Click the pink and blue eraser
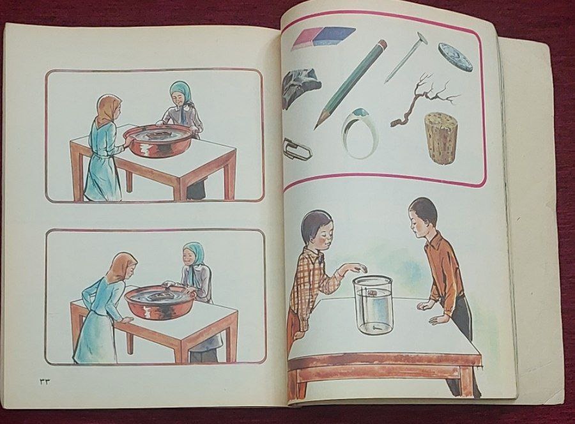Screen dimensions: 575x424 (323, 38)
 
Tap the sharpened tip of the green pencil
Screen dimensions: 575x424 (316, 128)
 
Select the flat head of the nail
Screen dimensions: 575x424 (420, 38)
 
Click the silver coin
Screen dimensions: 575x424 (455, 57)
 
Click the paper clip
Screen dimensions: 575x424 (297, 149)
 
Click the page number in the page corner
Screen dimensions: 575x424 (44, 381)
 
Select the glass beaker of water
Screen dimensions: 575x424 (373, 305)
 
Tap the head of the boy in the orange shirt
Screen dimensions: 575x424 (422, 217)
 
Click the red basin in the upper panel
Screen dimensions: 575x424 (158, 140)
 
